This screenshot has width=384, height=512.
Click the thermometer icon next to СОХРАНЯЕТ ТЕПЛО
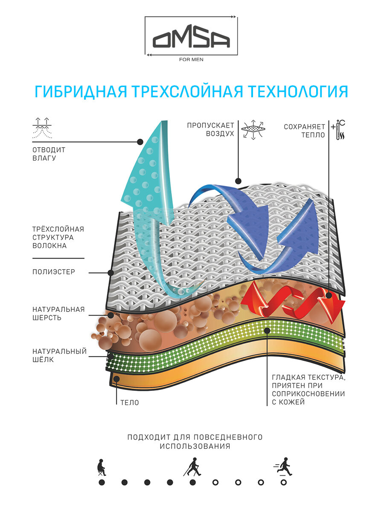click(340, 130)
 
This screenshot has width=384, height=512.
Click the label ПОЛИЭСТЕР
click(54, 272)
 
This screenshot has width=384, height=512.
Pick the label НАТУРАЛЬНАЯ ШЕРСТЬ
click(58, 313)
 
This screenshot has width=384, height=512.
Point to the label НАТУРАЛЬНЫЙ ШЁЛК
click(59, 355)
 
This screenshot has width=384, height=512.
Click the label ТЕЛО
click(129, 402)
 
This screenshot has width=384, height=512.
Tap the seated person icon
click(101, 468)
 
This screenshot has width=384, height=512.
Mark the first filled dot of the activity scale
click(102, 483)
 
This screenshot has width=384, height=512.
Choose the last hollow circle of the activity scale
click(284, 483)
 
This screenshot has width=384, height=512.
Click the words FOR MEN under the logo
click(192, 59)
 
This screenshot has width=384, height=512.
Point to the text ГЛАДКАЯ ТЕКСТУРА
click(308, 378)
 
